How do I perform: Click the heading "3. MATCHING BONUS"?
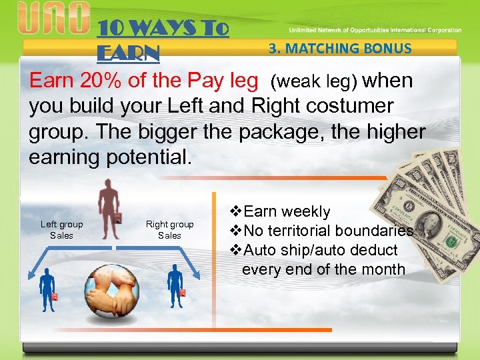340,48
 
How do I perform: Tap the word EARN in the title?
129,52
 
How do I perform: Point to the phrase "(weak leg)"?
313,82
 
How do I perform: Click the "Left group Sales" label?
62,230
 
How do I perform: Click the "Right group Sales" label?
169,230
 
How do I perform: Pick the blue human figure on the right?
175,285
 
